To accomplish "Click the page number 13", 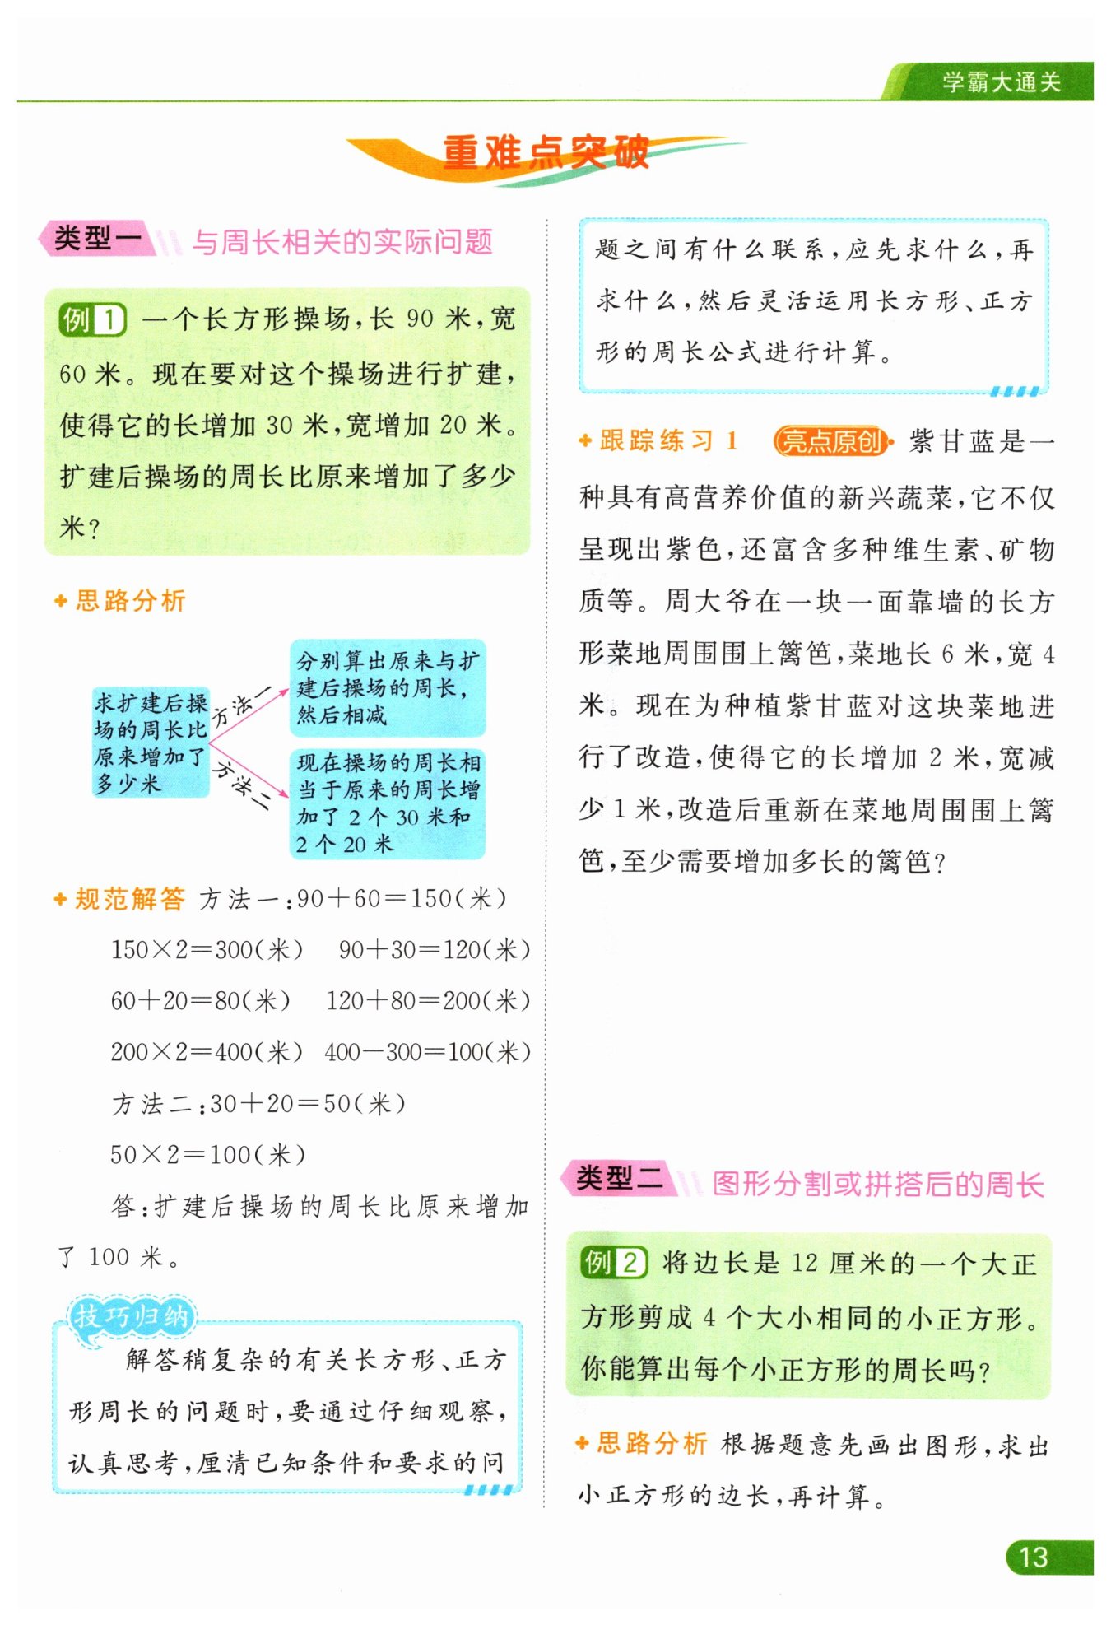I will click(x=1034, y=1557).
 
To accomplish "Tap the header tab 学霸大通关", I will click(x=1001, y=82).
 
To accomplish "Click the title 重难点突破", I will click(x=546, y=153).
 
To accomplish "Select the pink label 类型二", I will click(x=619, y=1179).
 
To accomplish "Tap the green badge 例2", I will click(x=614, y=1262).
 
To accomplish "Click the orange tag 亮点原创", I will click(x=832, y=442).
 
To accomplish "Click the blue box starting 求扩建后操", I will click(x=151, y=743).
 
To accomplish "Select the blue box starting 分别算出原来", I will click(x=388, y=687).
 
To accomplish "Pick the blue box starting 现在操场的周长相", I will click(x=388, y=803).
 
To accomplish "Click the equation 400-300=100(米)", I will click(x=427, y=1052).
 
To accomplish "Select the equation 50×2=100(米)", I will click(x=208, y=1154).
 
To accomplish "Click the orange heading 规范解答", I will click(x=130, y=899).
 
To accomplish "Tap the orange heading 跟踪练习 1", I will click(x=667, y=441).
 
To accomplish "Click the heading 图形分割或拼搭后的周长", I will click(x=877, y=1184).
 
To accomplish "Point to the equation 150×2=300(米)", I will click(x=207, y=950).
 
